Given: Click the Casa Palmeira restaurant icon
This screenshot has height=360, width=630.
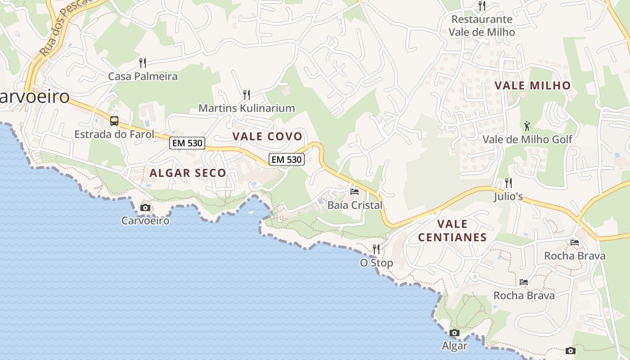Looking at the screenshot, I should click(x=143, y=63).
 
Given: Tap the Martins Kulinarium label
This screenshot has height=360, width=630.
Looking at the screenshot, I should click(x=247, y=108).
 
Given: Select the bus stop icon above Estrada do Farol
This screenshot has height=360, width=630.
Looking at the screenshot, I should click(x=114, y=121).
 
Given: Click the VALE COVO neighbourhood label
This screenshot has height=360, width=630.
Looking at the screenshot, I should click(x=267, y=136).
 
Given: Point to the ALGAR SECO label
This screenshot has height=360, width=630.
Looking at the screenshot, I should click(x=188, y=173).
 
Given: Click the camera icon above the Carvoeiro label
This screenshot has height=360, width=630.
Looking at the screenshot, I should click(x=145, y=207).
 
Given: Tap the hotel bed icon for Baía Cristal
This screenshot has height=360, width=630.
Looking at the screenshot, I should click(x=355, y=191).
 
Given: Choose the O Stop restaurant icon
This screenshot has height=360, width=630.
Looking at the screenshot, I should click(x=376, y=249).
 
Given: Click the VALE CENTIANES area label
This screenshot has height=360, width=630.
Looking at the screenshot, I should click(x=452, y=230).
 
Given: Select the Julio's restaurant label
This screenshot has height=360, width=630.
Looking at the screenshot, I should click(x=508, y=197).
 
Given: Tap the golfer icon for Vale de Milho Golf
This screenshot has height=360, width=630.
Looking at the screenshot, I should click(x=527, y=126).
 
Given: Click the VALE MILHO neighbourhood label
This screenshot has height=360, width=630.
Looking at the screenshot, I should click(x=532, y=85).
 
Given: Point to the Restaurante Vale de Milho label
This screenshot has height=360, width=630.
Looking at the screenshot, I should click(x=481, y=26).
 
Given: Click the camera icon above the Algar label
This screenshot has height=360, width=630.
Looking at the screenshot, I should click(x=454, y=333).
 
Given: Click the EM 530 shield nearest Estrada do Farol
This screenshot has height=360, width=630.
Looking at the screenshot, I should click(x=187, y=144).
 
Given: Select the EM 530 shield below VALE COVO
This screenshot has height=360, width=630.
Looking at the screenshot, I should click(x=287, y=159).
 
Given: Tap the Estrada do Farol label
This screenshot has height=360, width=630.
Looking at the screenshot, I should click(x=114, y=134).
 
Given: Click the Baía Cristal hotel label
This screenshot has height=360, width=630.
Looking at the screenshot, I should click(x=355, y=205).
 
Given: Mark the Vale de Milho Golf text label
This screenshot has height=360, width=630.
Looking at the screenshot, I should click(x=527, y=139).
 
